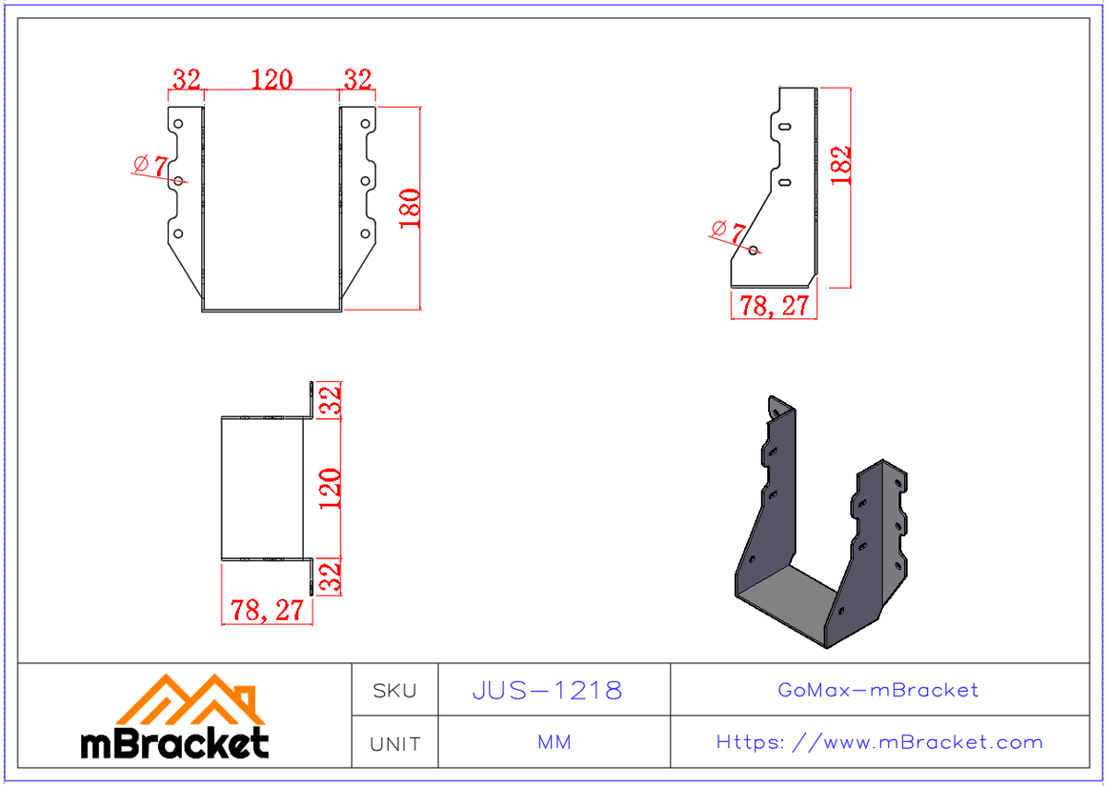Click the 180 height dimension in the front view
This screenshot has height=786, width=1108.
410,208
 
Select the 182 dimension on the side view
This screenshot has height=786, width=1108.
841,166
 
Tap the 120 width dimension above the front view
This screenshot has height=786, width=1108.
271,80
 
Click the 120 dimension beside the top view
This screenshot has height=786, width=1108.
331,489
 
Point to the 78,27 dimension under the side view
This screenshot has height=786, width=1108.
773,306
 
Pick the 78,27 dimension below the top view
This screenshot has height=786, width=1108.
266,611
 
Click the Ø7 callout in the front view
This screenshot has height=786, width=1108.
151,166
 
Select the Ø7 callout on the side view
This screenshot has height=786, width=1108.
728,229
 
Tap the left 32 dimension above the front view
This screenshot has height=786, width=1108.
187,80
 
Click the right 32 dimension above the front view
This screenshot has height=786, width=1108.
357,80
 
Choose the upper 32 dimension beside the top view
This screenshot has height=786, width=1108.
331,400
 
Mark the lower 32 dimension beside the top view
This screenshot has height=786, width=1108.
331,577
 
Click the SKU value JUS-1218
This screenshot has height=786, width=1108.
548,690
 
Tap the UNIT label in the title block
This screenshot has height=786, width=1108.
395,744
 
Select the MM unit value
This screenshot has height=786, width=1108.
554,743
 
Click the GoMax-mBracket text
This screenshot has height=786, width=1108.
878,690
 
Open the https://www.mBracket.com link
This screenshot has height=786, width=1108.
879,743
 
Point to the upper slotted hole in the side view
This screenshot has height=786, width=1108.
784,127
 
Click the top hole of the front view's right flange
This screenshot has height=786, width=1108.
365,123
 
